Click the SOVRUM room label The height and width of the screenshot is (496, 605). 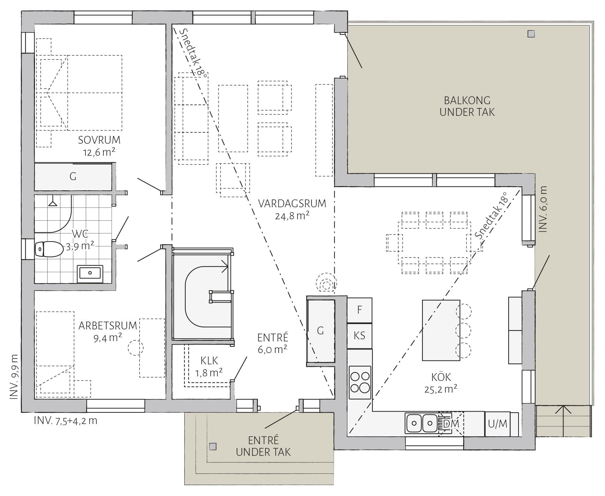pyautogui.click(x=99, y=140)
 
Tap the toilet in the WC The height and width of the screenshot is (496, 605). pyautogui.click(x=48, y=249)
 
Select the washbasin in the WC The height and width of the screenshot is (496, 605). pyautogui.click(x=90, y=273)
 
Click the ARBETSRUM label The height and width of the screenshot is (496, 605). pyautogui.click(x=108, y=325)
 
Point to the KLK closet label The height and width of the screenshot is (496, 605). pyautogui.click(x=209, y=360)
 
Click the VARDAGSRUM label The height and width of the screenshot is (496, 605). pyautogui.click(x=292, y=204)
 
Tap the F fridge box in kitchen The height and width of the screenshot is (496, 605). pyautogui.click(x=359, y=310)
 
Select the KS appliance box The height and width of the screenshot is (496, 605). pyautogui.click(x=359, y=336)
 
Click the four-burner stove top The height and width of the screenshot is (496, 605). pyautogui.click(x=360, y=382)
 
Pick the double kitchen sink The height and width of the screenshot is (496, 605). pyautogui.click(x=422, y=423)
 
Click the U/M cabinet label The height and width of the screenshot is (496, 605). pyautogui.click(x=497, y=424)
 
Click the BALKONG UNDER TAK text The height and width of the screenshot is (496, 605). pyautogui.click(x=467, y=107)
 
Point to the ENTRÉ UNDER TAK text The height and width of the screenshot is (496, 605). pyautogui.click(x=263, y=446)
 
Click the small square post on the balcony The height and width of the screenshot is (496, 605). pyautogui.click(x=531, y=34)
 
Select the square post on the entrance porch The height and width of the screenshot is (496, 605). pyautogui.click(x=212, y=447)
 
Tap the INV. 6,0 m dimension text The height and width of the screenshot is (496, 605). pyautogui.click(x=543, y=209)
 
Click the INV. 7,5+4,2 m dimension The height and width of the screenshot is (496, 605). pyautogui.click(x=65, y=421)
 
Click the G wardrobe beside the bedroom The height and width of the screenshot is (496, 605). pyautogui.click(x=73, y=177)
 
